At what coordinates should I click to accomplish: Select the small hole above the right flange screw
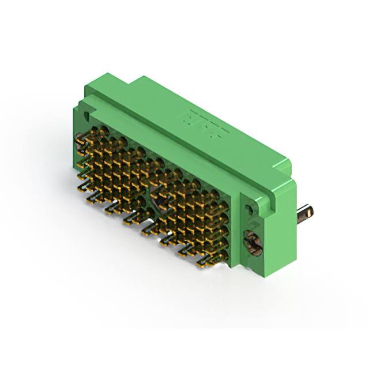[250, 210]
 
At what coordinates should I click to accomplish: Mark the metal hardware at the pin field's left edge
[79, 139]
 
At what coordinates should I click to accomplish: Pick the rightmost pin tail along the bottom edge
[203, 263]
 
